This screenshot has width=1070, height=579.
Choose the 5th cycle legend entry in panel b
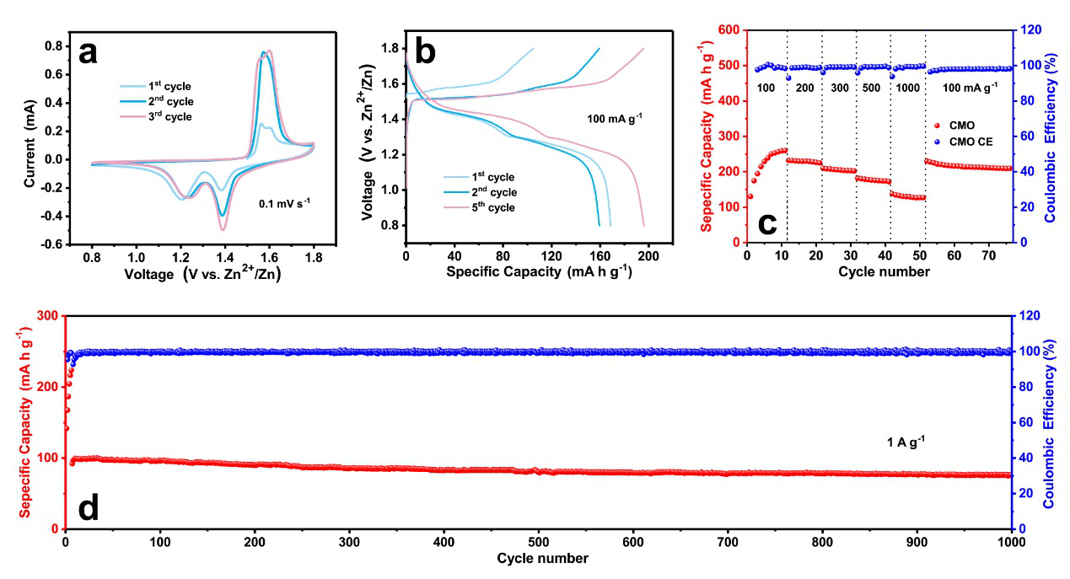(x=489, y=207)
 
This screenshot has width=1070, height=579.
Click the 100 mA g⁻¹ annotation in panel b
(x=615, y=118)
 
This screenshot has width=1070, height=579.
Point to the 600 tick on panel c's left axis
(x=730, y=30)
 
